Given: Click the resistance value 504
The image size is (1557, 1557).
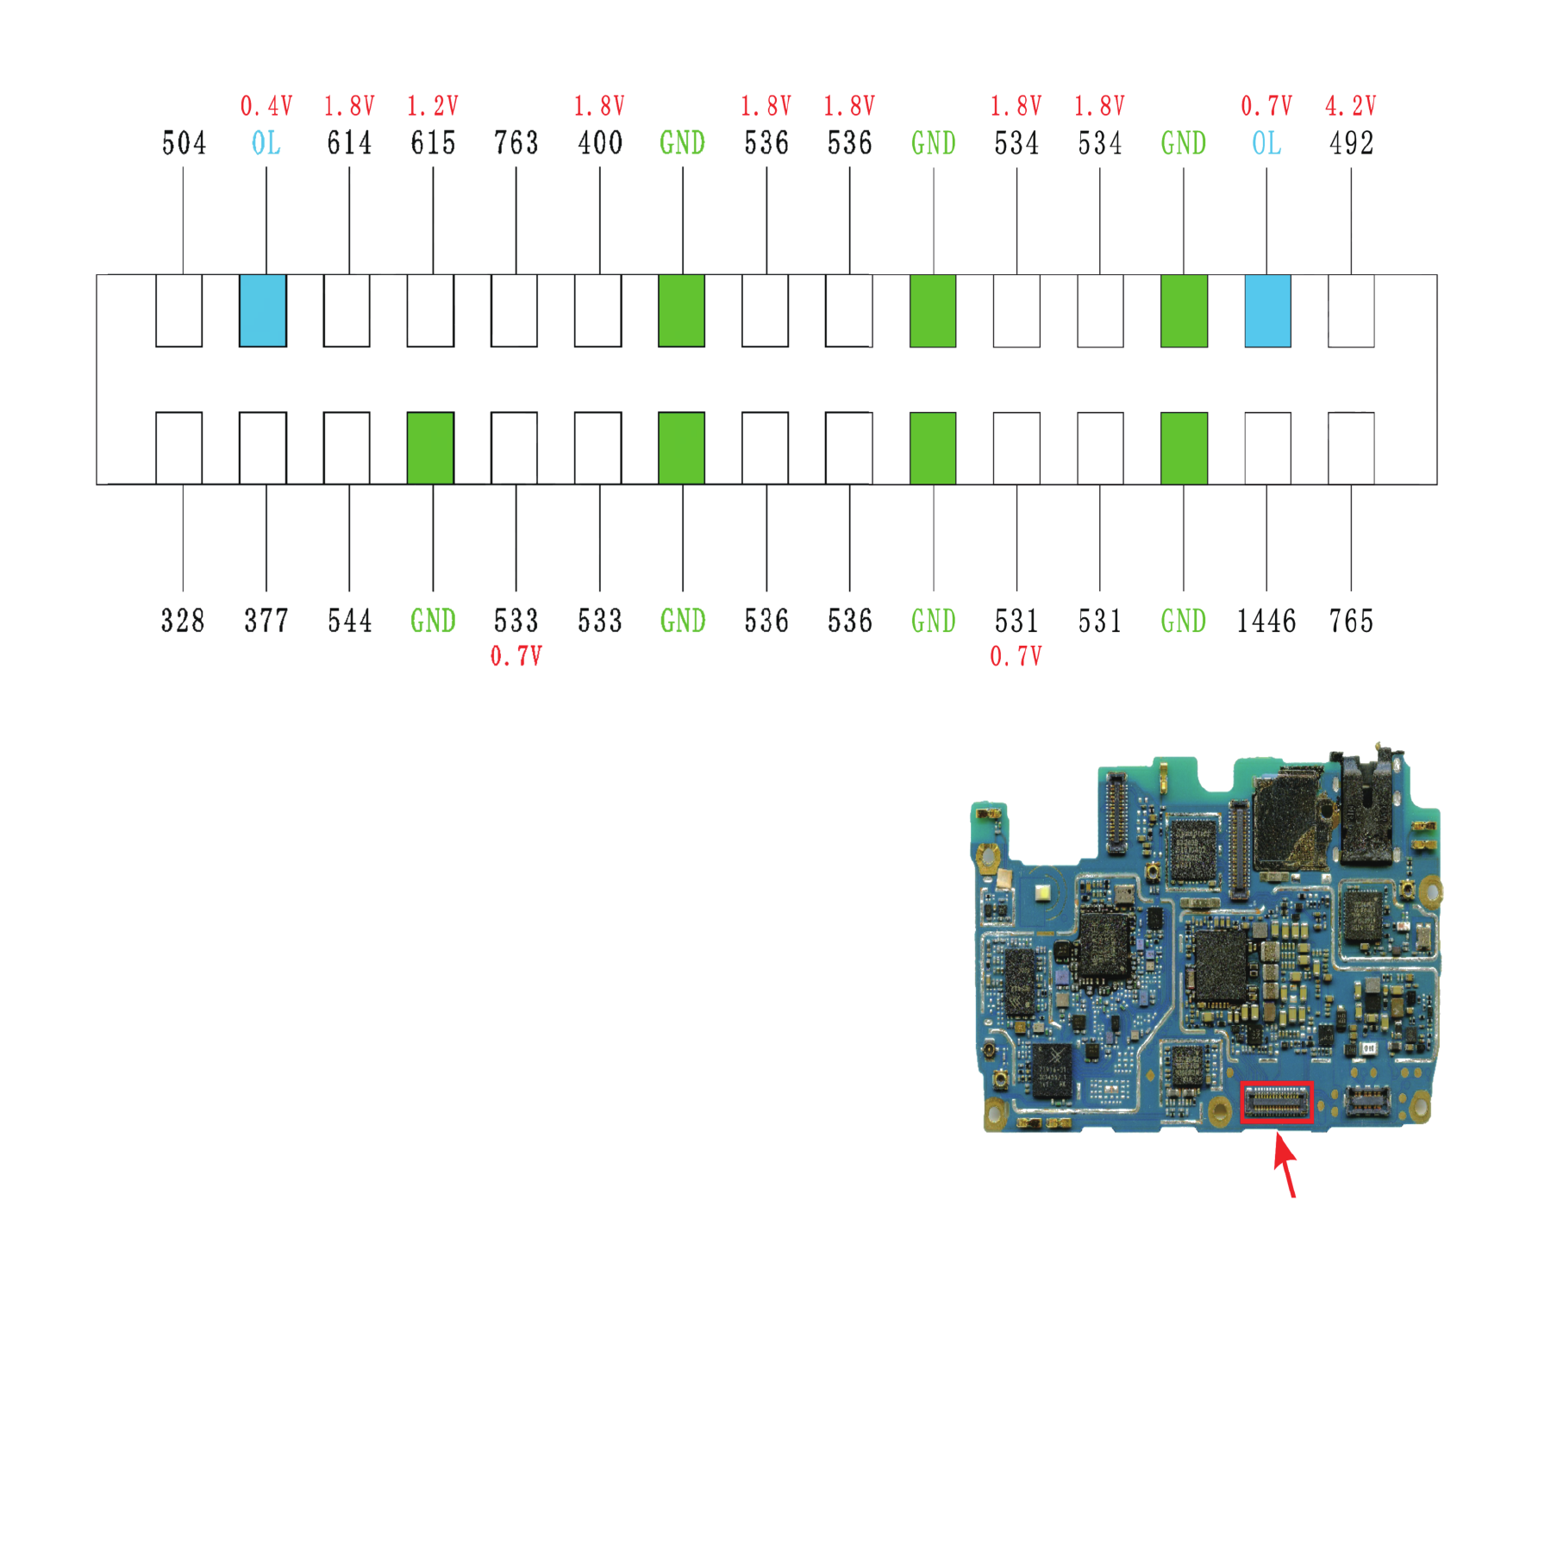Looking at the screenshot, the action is coord(184,143).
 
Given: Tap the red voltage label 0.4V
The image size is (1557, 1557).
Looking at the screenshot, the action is coord(266,106).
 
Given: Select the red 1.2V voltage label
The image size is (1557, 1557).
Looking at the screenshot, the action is coord(433,106).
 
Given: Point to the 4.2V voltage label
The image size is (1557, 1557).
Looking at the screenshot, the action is coord(1351,106).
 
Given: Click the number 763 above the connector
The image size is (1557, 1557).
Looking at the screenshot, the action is coord(516,143).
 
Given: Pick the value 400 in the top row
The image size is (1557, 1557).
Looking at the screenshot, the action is coord(600,143).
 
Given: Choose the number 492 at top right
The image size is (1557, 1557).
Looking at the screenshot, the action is coord(1351,143).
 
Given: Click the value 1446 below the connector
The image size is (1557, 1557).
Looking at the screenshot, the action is coord(1266,621).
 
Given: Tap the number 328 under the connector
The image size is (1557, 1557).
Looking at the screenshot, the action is coord(183,621).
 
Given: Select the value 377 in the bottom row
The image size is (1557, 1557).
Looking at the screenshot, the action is coord(266,621).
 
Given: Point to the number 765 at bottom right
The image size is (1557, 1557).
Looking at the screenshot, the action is coord(1351,621).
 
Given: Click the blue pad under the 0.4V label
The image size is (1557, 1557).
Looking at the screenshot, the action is coord(263,311).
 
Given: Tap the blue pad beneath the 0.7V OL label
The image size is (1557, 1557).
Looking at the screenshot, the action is coord(1268,311).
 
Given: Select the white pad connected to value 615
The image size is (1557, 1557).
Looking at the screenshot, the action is coord(430,311).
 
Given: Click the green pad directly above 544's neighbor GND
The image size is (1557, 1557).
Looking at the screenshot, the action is coord(430,448).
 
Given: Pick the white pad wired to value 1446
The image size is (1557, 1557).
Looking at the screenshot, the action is coord(1268,448).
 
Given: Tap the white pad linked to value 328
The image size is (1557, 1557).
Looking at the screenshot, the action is coord(179,448).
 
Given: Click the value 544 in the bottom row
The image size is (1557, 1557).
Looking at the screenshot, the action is coord(350,621).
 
